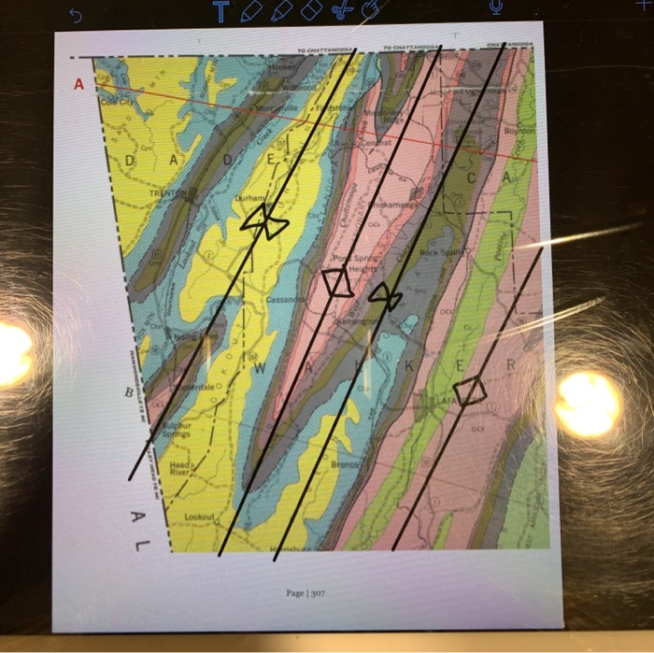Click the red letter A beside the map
(x=78, y=85)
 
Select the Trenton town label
(x=168, y=193)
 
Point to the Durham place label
(x=249, y=199)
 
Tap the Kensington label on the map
(x=360, y=320)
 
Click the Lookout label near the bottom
(x=199, y=517)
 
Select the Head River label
(x=180, y=468)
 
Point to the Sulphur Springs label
(x=177, y=429)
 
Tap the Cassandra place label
(x=286, y=299)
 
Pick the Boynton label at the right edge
(x=519, y=132)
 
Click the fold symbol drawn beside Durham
(x=264, y=222)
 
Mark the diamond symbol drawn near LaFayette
(x=470, y=390)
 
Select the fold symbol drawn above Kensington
(x=384, y=297)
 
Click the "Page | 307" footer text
(x=306, y=592)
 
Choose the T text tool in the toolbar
(x=220, y=11)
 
